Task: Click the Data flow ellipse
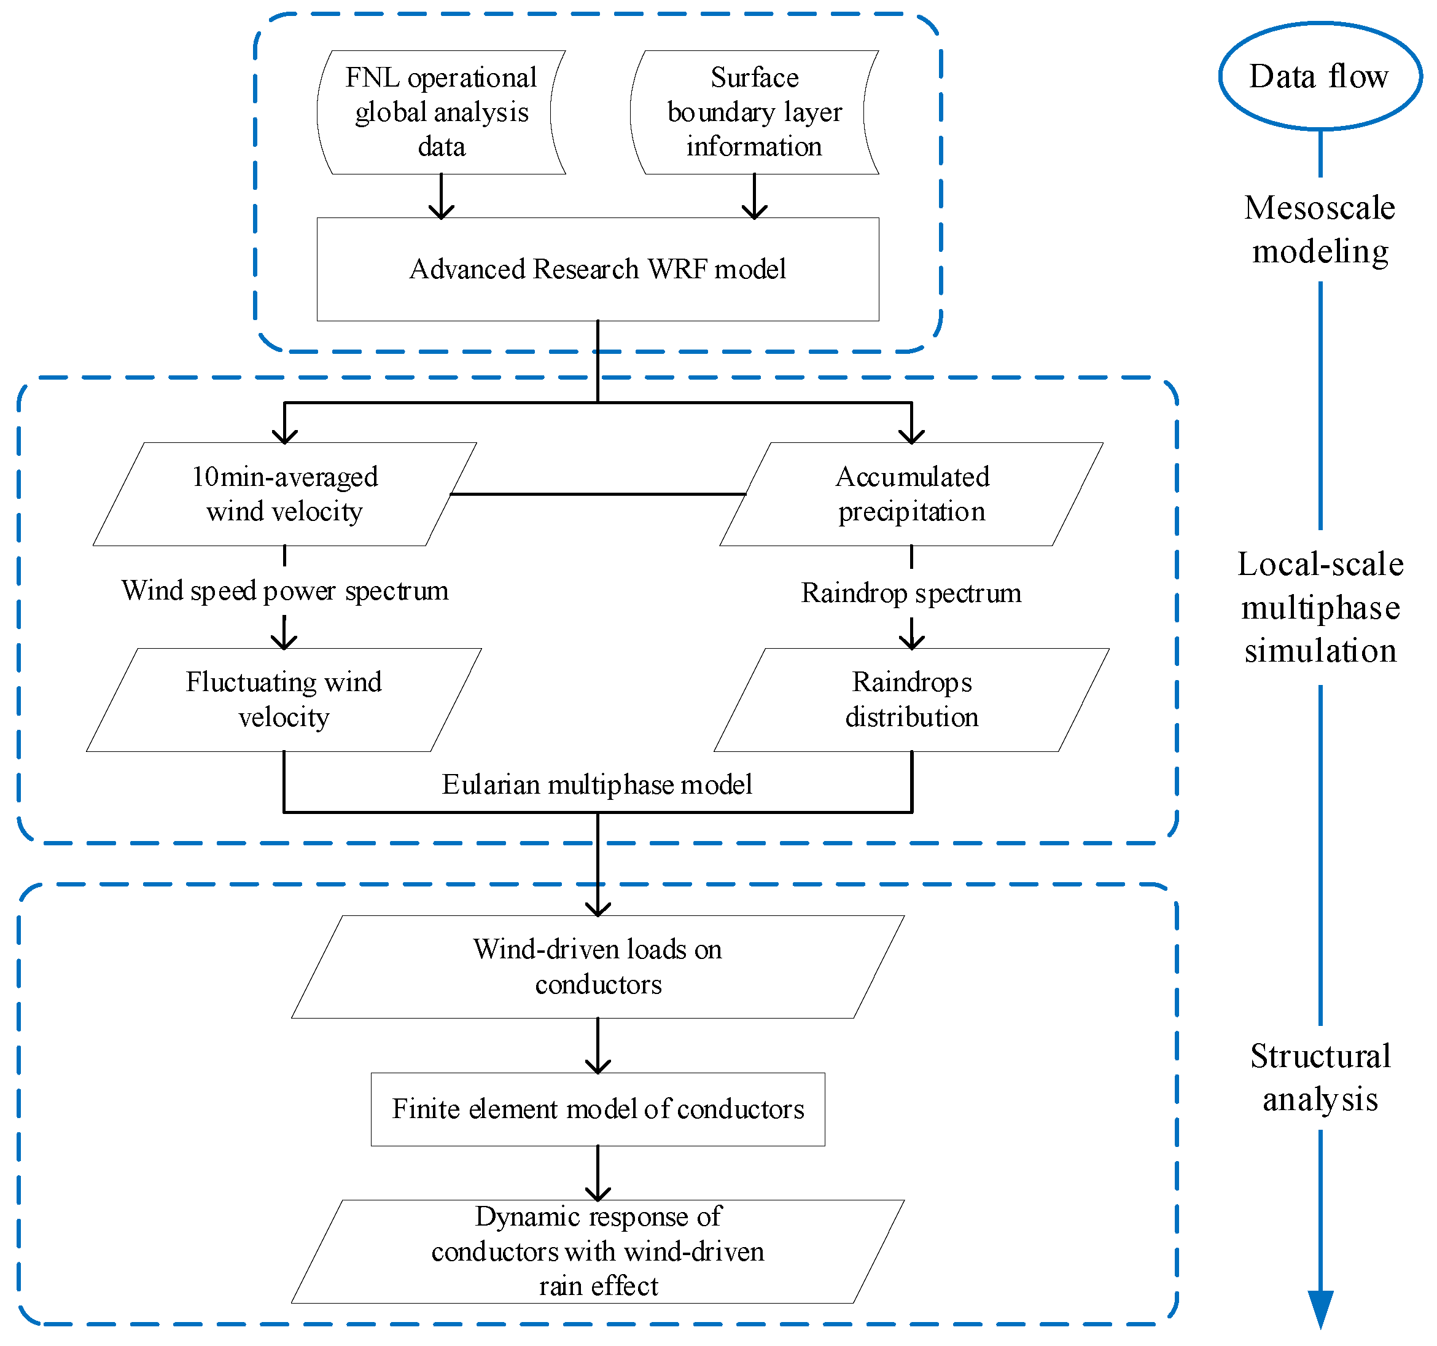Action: click(1320, 76)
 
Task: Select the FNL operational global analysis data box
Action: click(441, 112)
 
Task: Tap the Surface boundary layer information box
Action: click(754, 112)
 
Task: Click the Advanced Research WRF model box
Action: click(598, 269)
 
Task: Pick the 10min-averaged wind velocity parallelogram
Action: click(284, 494)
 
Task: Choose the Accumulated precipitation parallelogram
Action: click(911, 494)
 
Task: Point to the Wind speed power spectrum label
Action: click(285, 591)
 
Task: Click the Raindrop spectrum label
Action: click(911, 593)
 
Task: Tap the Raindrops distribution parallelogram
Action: click(911, 699)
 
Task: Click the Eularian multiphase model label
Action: click(597, 785)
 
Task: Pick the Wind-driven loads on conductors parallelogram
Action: click(598, 967)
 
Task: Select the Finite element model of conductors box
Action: click(598, 1109)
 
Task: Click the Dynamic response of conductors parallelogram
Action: click(598, 1251)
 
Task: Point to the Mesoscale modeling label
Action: click(1320, 229)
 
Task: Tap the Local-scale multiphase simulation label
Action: click(1320, 608)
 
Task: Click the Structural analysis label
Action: click(1320, 1078)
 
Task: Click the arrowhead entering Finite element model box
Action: click(598, 1066)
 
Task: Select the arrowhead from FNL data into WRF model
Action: click(441, 211)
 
